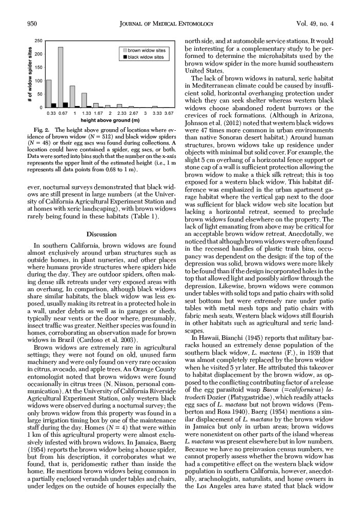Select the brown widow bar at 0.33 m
[49, 94]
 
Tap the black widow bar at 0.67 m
[66, 105]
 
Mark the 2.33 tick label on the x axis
[122, 113]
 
